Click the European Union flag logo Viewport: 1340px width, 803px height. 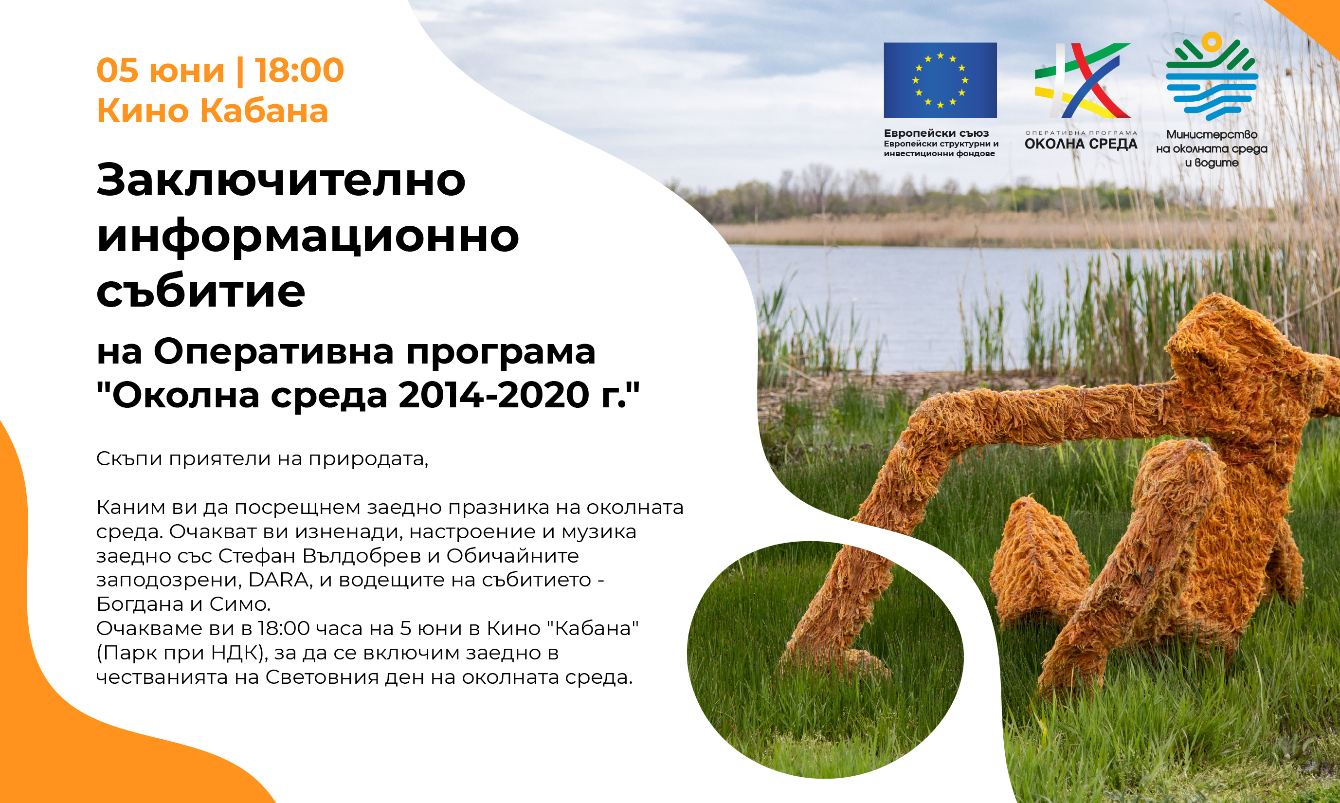pos(940,80)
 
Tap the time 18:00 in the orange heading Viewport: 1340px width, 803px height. pos(299,71)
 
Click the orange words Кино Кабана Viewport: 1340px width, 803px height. pos(213,111)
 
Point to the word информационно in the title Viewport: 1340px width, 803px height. pos(308,237)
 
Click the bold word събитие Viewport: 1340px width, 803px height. pos(200,291)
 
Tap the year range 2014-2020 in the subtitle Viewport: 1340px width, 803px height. pos(494,395)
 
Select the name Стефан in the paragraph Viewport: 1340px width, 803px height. pos(257,556)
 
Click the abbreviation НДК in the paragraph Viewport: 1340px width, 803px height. pos(236,653)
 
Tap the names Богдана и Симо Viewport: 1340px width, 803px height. pos(183,604)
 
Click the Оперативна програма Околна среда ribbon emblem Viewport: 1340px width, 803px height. pos(1082,80)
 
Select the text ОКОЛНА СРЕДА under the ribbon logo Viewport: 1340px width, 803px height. pos(1081,145)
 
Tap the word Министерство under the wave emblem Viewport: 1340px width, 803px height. pos(1212,134)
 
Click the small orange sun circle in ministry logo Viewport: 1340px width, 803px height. pos(1212,42)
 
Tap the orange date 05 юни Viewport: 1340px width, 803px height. pos(161,71)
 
